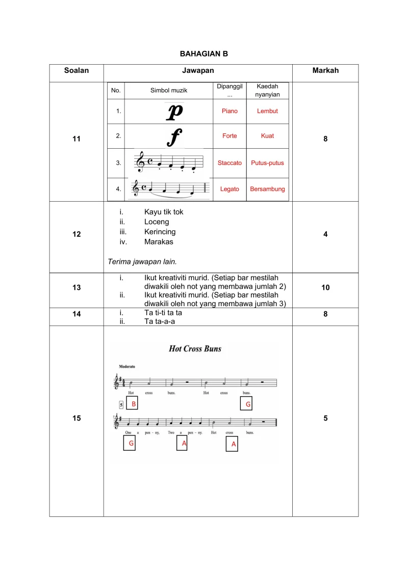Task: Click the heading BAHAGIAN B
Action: coord(204,53)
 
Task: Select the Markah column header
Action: coord(325,71)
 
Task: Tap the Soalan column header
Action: coord(76,71)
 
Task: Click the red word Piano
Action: coord(229,111)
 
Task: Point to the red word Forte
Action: coord(229,136)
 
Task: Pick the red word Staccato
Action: coord(229,163)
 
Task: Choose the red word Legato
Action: coord(229,189)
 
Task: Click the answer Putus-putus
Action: coord(267,163)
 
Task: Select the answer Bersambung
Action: coord(267,189)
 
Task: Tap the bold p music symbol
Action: coord(175,112)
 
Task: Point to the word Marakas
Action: coord(159,242)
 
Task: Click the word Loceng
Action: coord(157,222)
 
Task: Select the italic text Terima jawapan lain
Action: coord(142,262)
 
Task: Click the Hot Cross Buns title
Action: coord(195,349)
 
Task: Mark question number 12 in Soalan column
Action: coord(76,234)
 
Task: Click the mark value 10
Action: coord(325,288)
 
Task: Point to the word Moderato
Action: coord(127,366)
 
